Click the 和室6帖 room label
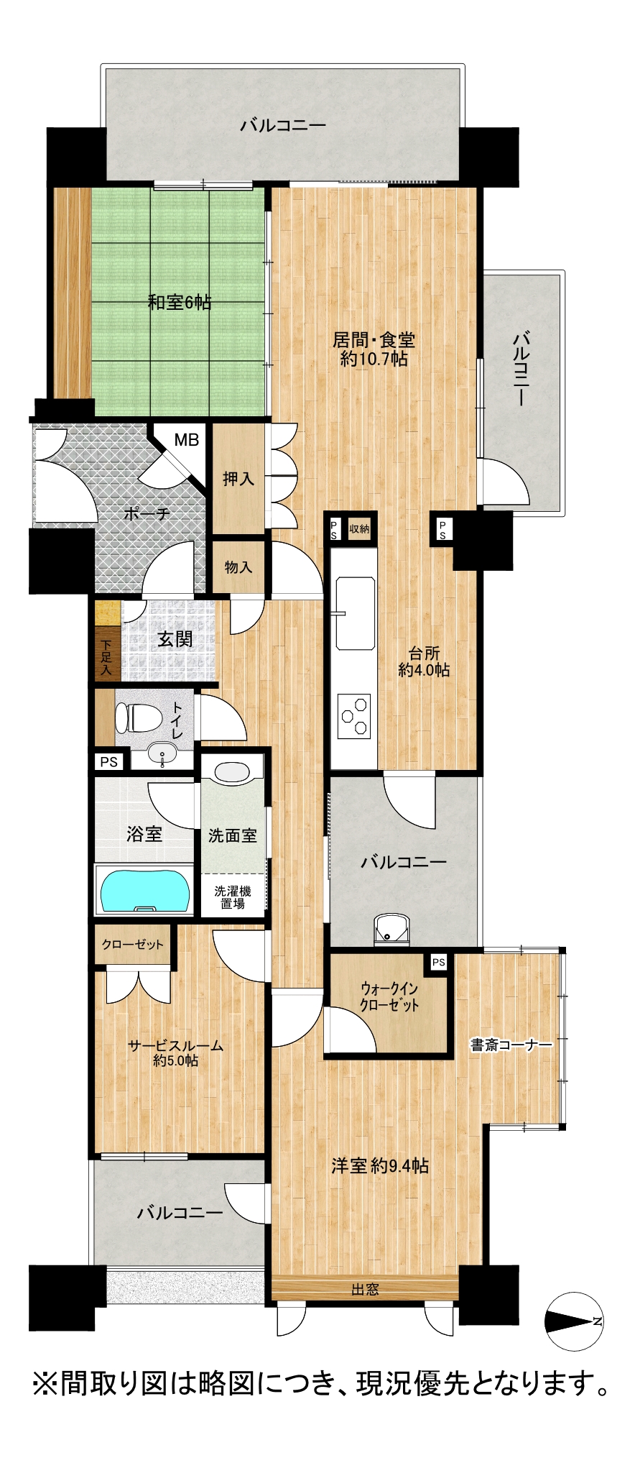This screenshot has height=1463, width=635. pyautogui.click(x=180, y=303)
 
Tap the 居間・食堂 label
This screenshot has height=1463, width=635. pyautogui.click(x=374, y=340)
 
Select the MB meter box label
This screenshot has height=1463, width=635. pyautogui.click(x=186, y=440)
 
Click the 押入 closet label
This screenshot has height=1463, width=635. pyautogui.click(x=238, y=478)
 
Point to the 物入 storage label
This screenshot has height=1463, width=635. pyautogui.click(x=238, y=567)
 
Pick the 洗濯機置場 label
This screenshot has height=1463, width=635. pyautogui.click(x=232, y=897)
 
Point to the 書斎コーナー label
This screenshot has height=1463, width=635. pyautogui.click(x=511, y=1045)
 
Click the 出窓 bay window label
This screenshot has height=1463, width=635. pyautogui.click(x=364, y=1289)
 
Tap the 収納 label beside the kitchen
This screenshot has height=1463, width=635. pyautogui.click(x=359, y=529)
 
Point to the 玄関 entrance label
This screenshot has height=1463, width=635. pyautogui.click(x=175, y=638)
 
